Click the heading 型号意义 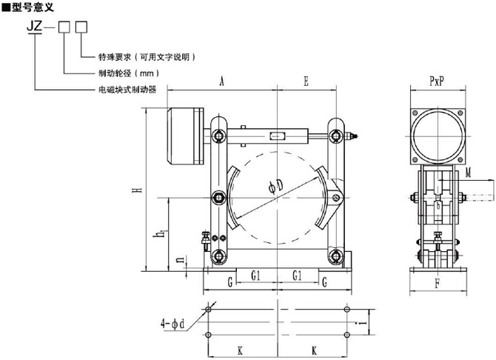(33, 7)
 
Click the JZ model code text (34, 27)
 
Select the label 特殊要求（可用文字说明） (147, 57)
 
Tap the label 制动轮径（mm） (129, 73)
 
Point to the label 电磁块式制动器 (127, 90)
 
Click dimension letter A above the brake (222, 81)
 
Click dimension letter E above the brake (306, 81)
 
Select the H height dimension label (138, 190)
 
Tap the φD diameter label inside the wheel (276, 186)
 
